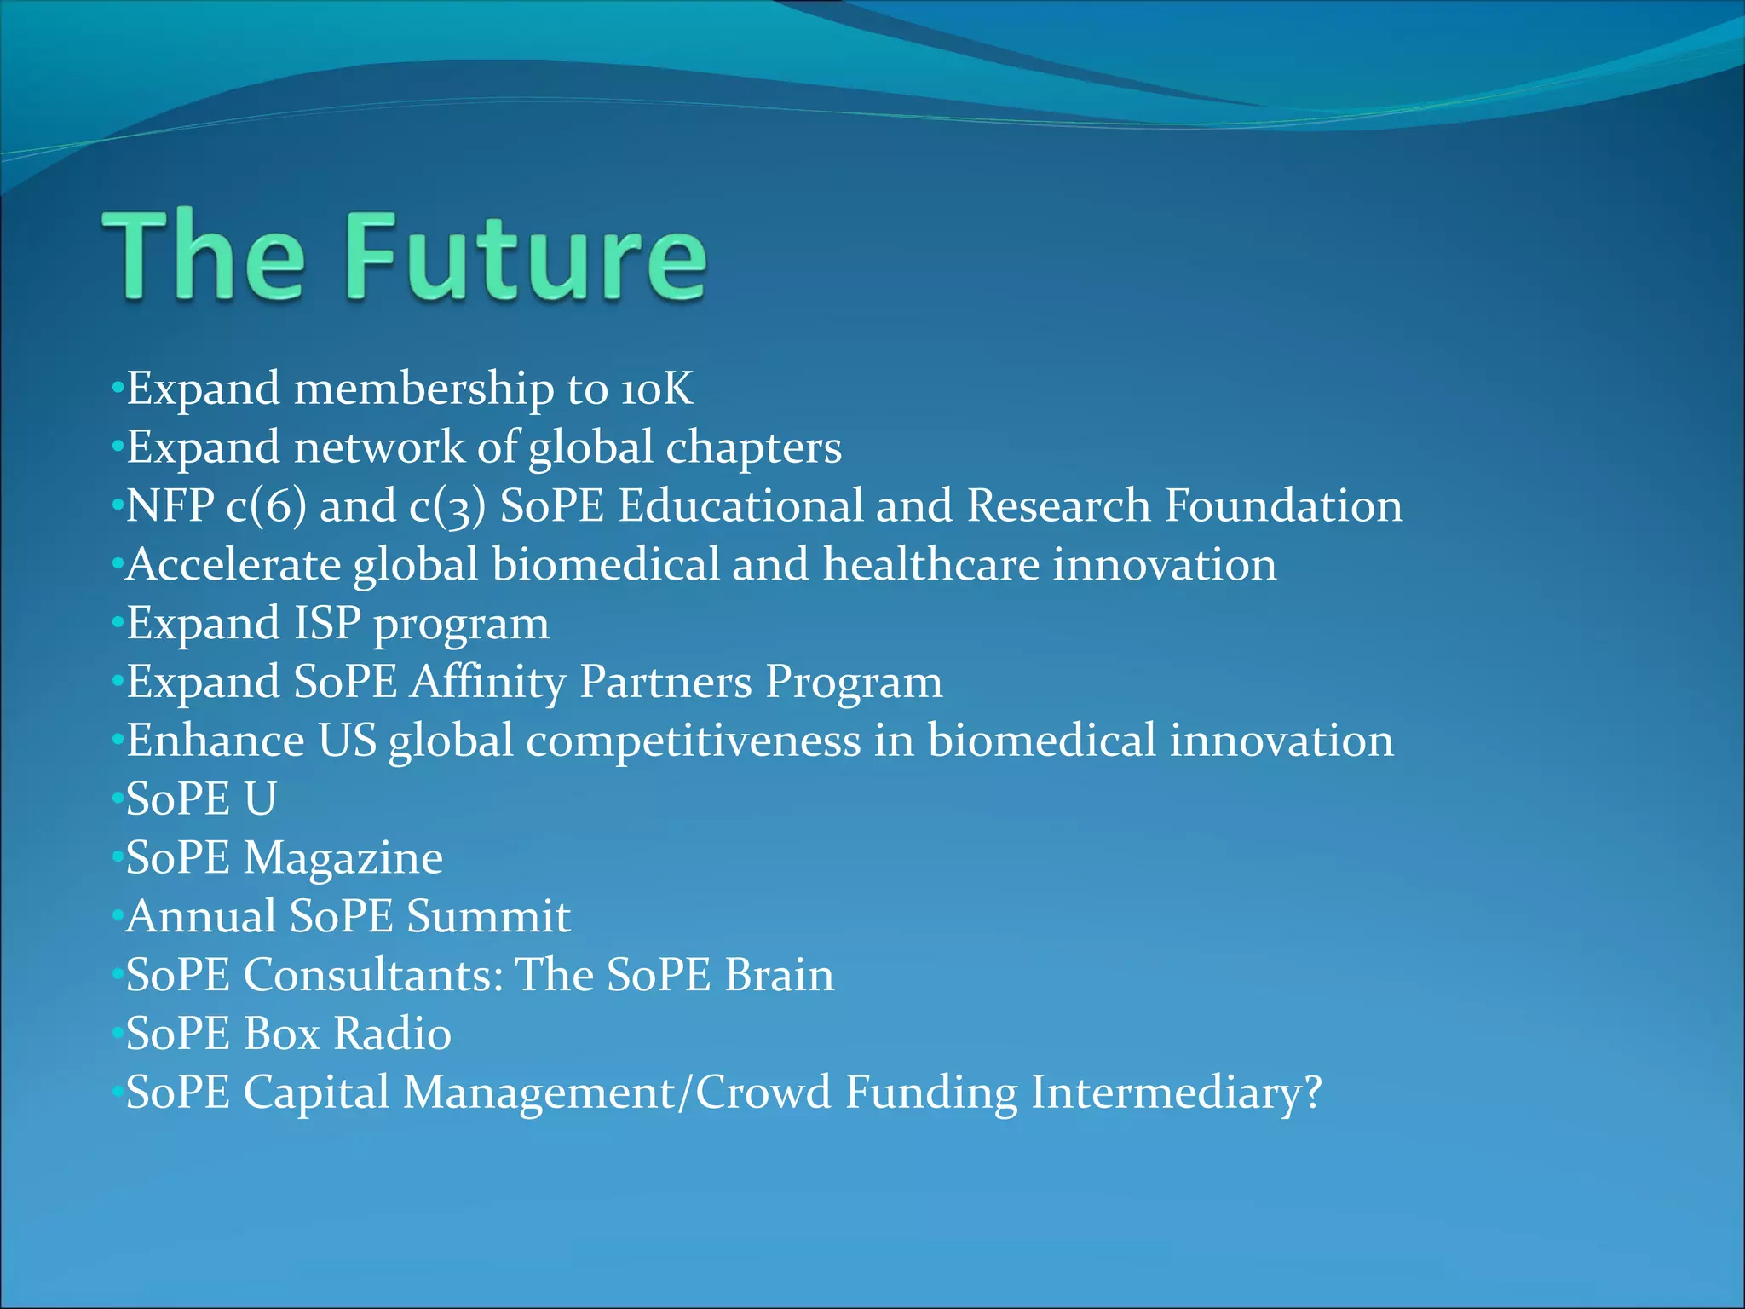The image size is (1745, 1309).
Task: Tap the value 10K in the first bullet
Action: tap(656, 389)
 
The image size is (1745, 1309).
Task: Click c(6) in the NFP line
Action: tap(266, 505)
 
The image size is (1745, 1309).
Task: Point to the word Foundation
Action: tap(1283, 505)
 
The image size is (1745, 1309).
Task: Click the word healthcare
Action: tap(930, 564)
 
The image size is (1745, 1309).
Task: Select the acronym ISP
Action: tap(327, 623)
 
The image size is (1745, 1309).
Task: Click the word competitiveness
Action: tap(693, 740)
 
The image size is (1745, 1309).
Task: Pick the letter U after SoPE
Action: tap(260, 799)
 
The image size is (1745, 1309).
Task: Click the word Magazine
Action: tap(343, 857)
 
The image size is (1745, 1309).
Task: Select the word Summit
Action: tap(488, 916)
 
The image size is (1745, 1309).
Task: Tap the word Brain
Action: tap(779, 975)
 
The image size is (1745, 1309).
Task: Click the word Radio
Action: tap(392, 1034)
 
